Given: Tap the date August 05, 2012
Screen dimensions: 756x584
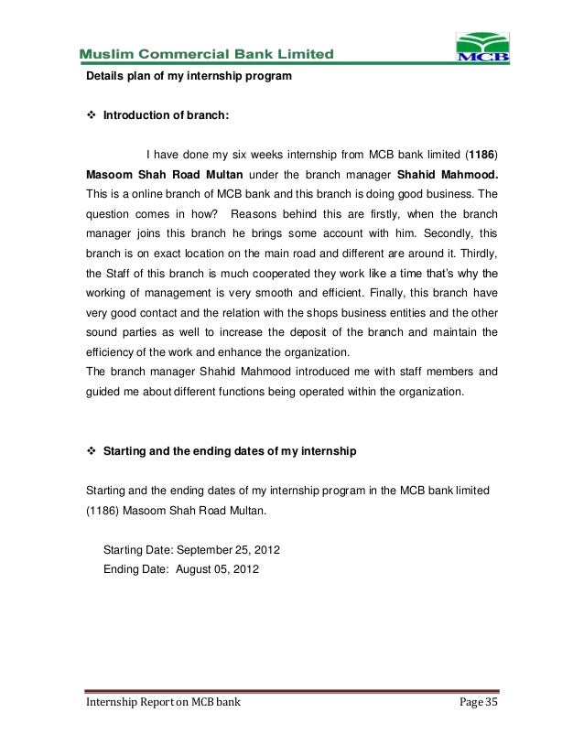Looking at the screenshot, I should coord(217,567).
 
